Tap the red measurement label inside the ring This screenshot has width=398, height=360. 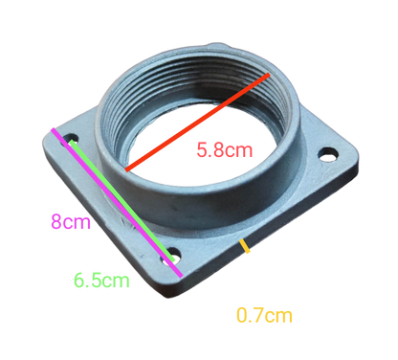click(x=223, y=149)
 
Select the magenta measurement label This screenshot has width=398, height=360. click(x=69, y=223)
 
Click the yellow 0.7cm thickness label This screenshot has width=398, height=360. click(x=263, y=313)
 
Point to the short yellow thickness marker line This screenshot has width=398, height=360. click(x=247, y=249)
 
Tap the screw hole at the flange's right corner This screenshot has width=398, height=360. click(x=330, y=151)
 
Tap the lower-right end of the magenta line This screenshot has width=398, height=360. click(x=183, y=276)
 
